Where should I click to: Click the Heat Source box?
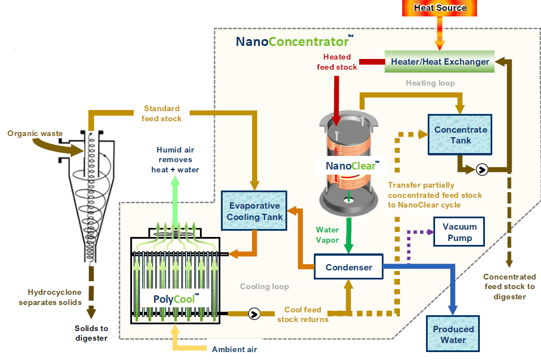(x=439, y=8)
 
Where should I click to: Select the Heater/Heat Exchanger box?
(x=440, y=61)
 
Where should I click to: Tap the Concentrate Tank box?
(x=460, y=134)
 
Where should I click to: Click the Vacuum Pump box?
(x=459, y=232)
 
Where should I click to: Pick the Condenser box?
(x=348, y=267)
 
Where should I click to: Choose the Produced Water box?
(x=453, y=334)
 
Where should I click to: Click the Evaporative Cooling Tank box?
(x=254, y=210)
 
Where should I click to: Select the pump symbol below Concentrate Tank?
(x=482, y=170)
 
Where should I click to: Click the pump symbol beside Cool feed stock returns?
(x=254, y=314)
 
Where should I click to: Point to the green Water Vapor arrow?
(x=348, y=235)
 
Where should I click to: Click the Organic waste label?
(x=35, y=133)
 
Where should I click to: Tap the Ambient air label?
(x=235, y=349)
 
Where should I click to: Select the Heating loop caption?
(x=430, y=83)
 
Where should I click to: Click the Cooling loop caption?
(x=265, y=286)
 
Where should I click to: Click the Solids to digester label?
(x=91, y=333)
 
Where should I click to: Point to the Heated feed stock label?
(x=337, y=62)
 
